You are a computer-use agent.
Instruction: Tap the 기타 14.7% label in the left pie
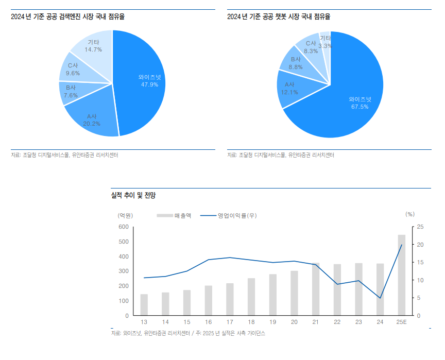point(93,46)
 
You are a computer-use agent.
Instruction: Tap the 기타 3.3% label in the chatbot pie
point(325,42)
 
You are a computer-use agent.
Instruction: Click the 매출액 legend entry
point(175,215)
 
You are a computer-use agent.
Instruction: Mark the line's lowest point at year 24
point(380,298)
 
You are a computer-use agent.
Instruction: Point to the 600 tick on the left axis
point(123,227)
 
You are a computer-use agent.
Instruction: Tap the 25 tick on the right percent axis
point(420,227)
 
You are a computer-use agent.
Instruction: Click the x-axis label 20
point(294,321)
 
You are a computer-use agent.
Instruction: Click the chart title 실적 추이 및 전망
point(133,195)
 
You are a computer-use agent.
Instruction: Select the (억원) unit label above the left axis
point(125,215)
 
